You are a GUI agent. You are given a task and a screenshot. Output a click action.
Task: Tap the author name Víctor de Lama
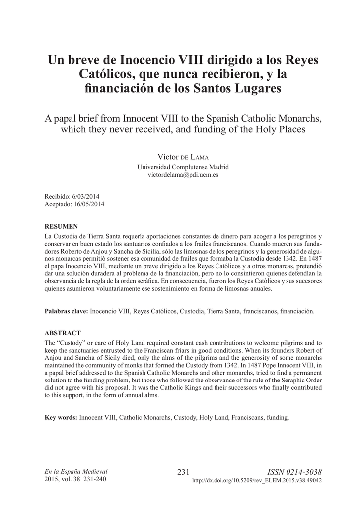[179, 157]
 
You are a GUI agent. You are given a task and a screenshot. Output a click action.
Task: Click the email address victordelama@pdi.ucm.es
[179, 175]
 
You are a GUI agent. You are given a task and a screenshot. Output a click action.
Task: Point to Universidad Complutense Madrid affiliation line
[179, 167]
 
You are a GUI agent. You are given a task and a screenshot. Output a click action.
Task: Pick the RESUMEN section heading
[61, 226]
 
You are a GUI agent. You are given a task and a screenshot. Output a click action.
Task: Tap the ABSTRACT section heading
[63, 333]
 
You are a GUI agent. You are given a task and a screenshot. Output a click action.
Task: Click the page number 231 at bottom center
[184, 472]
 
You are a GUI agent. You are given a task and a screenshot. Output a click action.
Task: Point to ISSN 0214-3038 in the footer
[294, 472]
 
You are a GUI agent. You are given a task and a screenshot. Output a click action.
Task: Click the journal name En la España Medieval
[76, 471]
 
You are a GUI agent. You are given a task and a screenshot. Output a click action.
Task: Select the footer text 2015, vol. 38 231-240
[75, 479]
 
